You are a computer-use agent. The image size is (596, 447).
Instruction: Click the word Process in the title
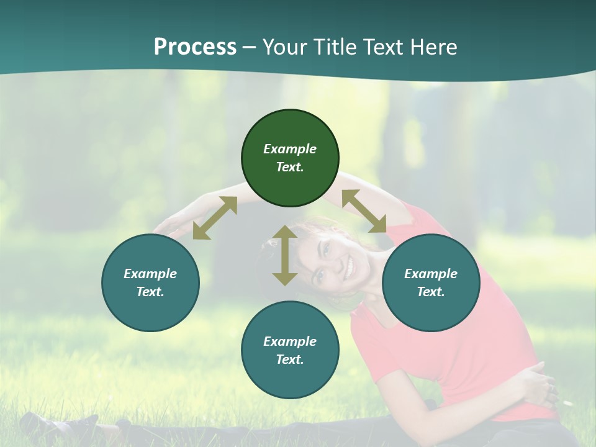(195, 47)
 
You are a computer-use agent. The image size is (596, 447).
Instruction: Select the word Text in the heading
(382, 47)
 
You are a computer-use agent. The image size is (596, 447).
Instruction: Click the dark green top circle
(290, 158)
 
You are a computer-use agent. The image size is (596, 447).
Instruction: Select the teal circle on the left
(150, 282)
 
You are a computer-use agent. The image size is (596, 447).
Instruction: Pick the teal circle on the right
(431, 282)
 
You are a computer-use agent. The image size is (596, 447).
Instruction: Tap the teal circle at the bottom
(290, 350)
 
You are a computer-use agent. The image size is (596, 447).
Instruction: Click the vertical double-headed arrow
(285, 255)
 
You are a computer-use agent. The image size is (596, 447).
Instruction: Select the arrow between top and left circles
(215, 218)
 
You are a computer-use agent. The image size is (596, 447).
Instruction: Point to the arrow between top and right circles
(364, 211)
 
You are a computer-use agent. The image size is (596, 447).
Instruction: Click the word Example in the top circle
(290, 149)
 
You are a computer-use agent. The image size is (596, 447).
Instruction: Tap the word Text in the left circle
(150, 292)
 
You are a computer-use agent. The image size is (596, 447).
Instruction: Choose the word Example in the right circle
(431, 274)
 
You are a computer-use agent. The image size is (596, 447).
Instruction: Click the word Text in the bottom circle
(290, 359)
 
